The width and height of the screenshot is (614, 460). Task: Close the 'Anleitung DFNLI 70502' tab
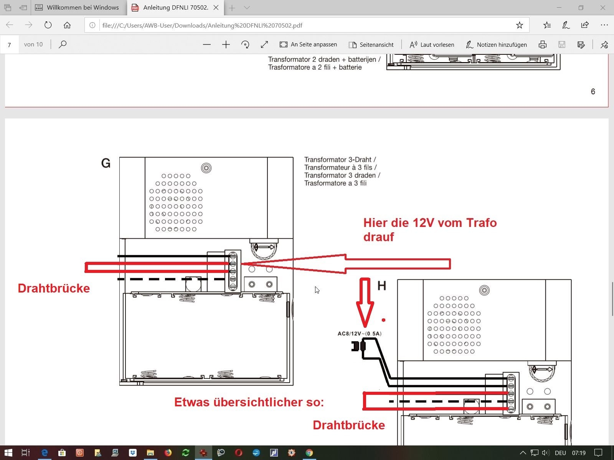(216, 8)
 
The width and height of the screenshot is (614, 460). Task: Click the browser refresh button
(48, 25)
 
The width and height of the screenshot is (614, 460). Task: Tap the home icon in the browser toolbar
(67, 25)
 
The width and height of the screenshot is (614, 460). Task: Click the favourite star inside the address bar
(520, 25)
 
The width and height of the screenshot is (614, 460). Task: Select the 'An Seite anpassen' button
(308, 44)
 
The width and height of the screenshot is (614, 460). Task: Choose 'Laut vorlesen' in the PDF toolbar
(432, 44)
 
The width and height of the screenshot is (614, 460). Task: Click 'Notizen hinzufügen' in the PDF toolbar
(496, 44)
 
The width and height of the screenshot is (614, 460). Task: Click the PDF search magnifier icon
(63, 44)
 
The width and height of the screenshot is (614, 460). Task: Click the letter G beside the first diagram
(106, 163)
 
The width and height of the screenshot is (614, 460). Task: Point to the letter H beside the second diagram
(382, 286)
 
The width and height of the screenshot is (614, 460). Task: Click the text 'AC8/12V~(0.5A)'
(360, 333)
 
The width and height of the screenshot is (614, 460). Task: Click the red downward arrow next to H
(365, 302)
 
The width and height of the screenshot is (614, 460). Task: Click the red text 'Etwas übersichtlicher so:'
(249, 402)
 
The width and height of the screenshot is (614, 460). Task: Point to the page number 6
(593, 92)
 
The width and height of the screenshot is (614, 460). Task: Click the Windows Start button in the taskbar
(8, 452)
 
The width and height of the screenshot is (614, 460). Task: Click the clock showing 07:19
(578, 453)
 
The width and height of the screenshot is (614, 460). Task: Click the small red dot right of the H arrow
(383, 320)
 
